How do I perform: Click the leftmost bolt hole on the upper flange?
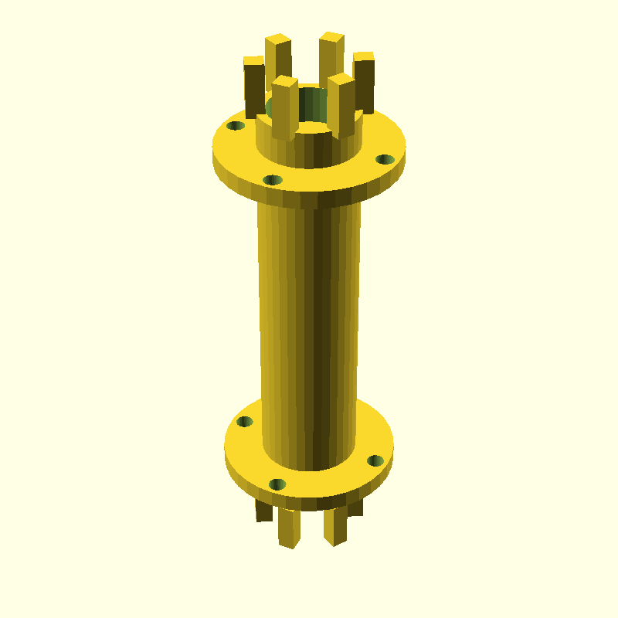point(236,125)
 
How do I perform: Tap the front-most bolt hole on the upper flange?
point(273,180)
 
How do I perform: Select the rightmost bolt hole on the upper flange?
point(385,159)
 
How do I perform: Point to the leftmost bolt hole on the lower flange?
point(245,422)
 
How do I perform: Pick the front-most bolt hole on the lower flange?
point(277,484)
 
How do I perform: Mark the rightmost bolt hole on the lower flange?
point(375,460)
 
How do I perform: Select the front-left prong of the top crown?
point(284,108)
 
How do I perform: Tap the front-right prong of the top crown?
point(341,104)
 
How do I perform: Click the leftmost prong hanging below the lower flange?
point(264,510)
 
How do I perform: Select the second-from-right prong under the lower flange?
point(335,525)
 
